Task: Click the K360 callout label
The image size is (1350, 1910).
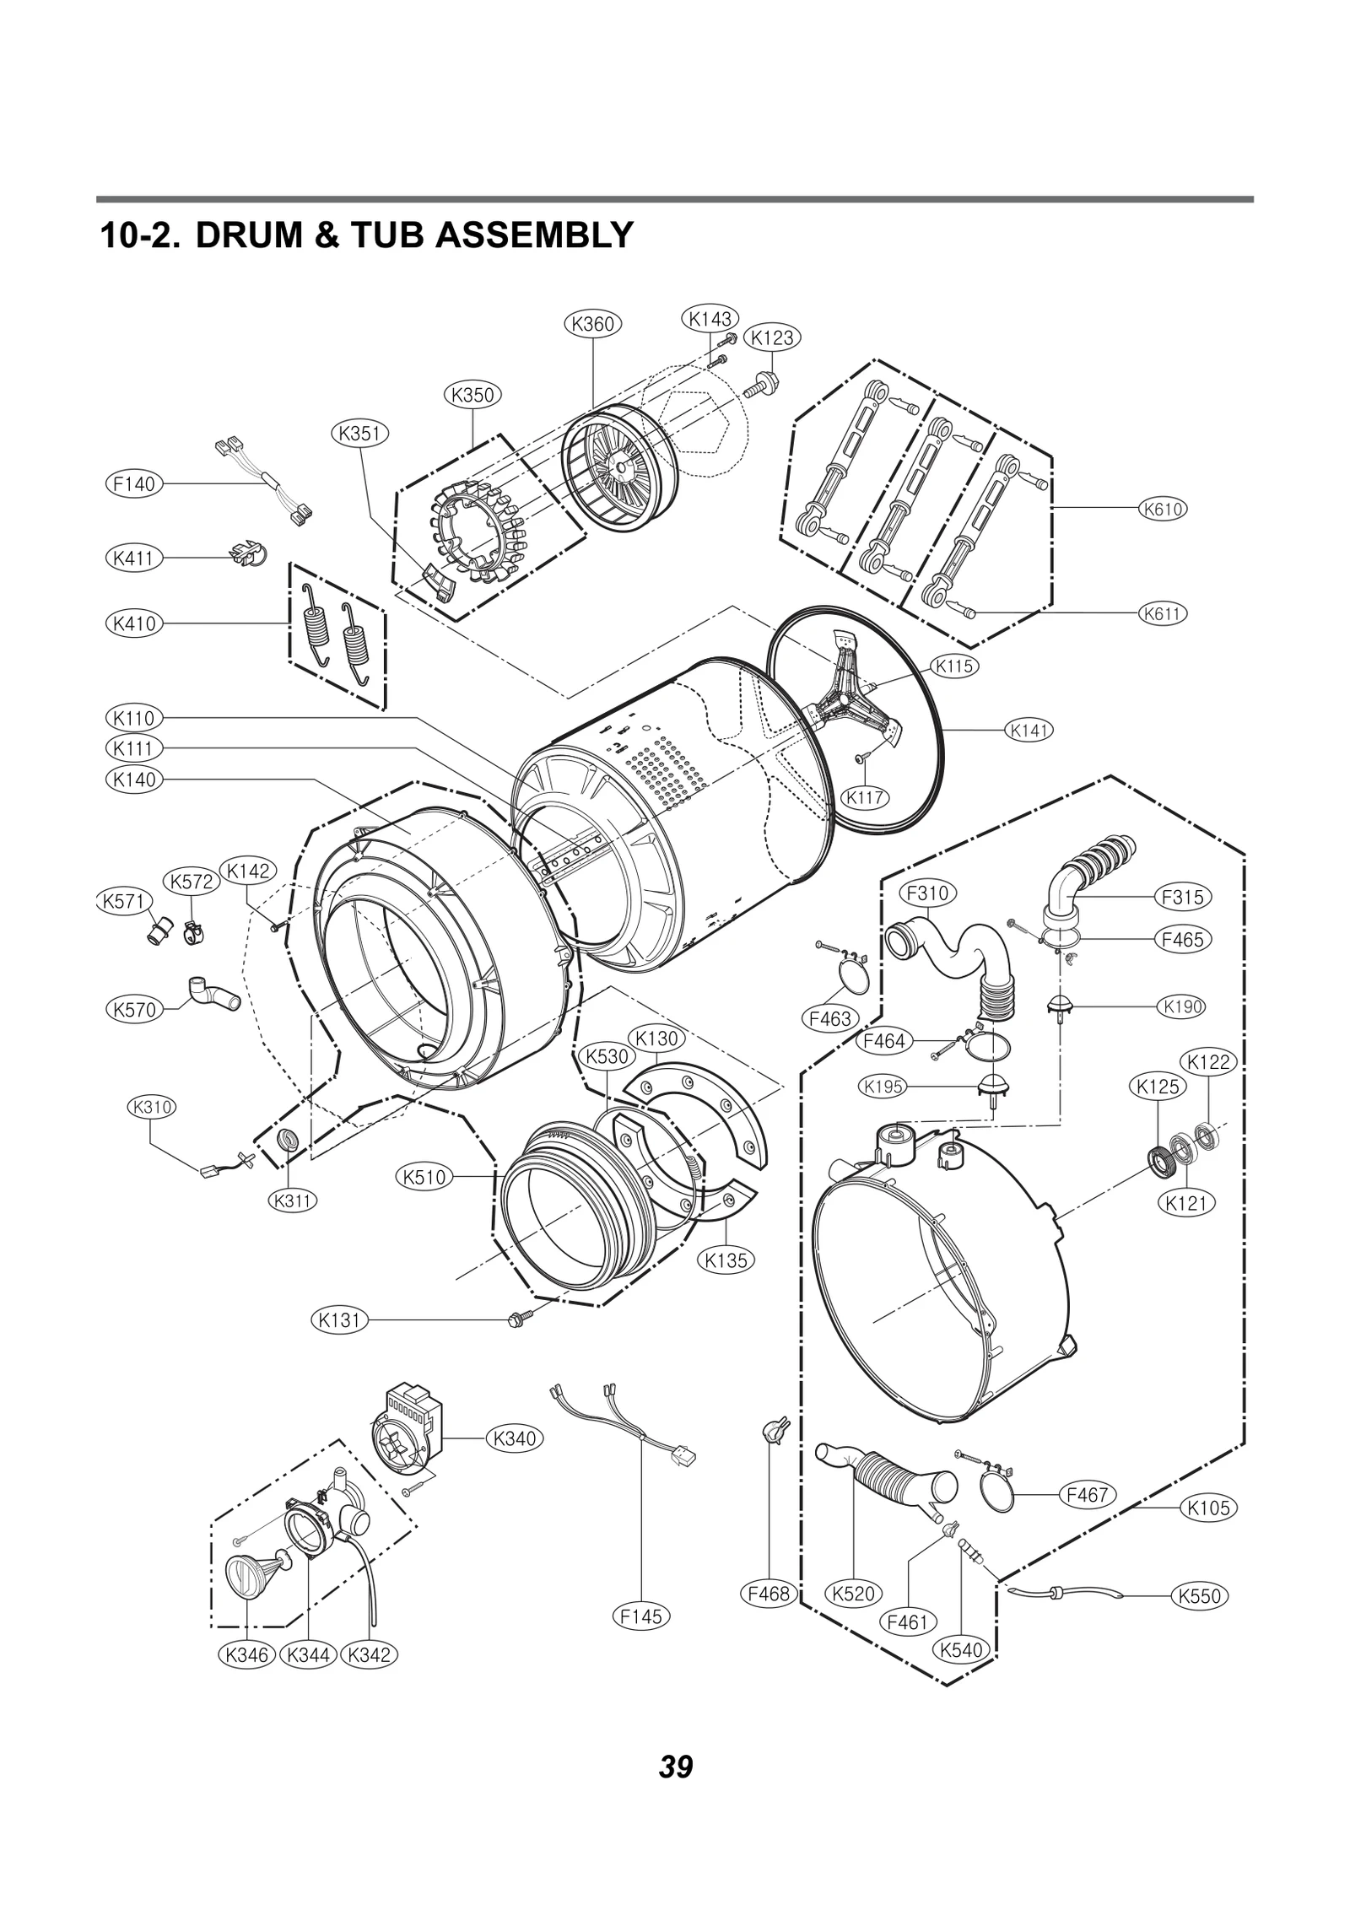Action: click(x=592, y=324)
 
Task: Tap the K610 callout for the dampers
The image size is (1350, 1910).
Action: click(x=1162, y=509)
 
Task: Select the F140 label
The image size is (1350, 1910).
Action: click(x=134, y=483)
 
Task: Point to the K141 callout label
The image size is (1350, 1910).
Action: click(x=1030, y=731)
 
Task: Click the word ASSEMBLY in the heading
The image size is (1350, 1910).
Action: click(x=534, y=235)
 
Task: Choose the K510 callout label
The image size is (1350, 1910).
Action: click(x=424, y=1177)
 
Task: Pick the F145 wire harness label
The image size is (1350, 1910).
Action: click(x=641, y=1616)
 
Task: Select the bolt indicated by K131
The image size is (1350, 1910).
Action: click(x=516, y=1319)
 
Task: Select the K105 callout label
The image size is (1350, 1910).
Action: click(x=1208, y=1508)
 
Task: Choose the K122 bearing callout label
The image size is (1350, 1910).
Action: click(x=1209, y=1062)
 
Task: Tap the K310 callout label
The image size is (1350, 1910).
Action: click(x=152, y=1107)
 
